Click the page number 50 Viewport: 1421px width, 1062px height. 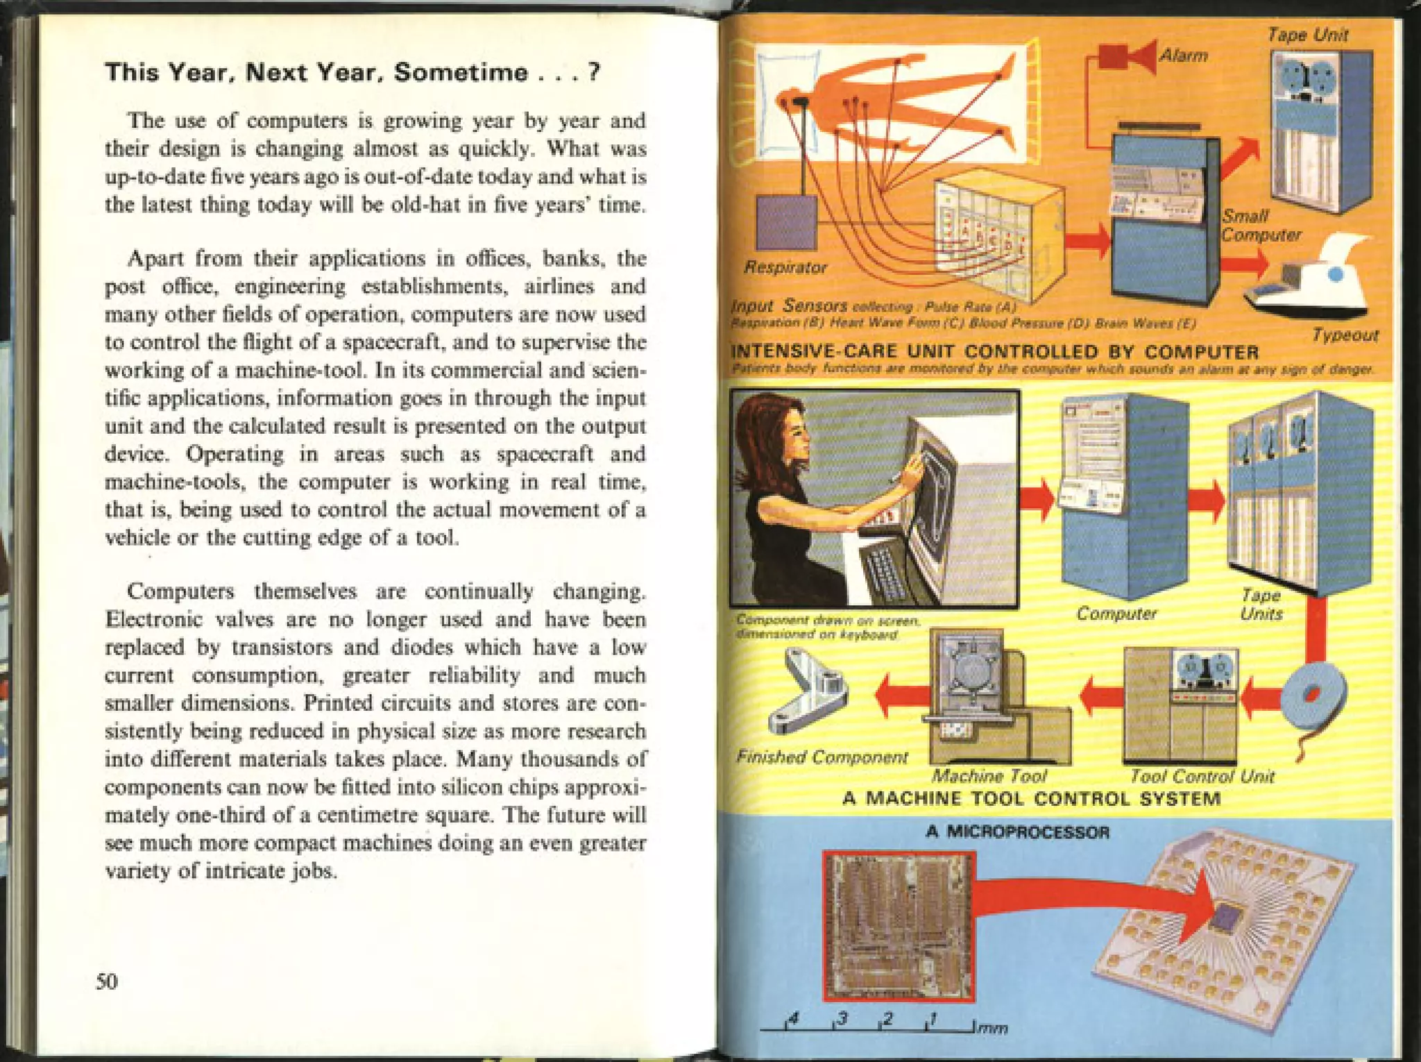107,981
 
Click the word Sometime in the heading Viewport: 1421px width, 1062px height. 461,72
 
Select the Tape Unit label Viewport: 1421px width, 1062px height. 1307,35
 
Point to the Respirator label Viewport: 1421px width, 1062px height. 785,268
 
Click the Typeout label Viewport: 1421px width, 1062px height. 1344,335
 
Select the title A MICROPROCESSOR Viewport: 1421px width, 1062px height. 1017,832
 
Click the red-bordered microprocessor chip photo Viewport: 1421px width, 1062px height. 899,925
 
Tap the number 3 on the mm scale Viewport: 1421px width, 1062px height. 842,1018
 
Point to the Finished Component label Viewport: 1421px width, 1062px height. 822,757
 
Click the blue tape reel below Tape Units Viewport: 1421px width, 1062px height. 1313,694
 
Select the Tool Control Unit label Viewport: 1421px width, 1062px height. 1202,776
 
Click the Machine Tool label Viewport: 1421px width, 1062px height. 989,776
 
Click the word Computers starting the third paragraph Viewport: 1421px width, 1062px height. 180,591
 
